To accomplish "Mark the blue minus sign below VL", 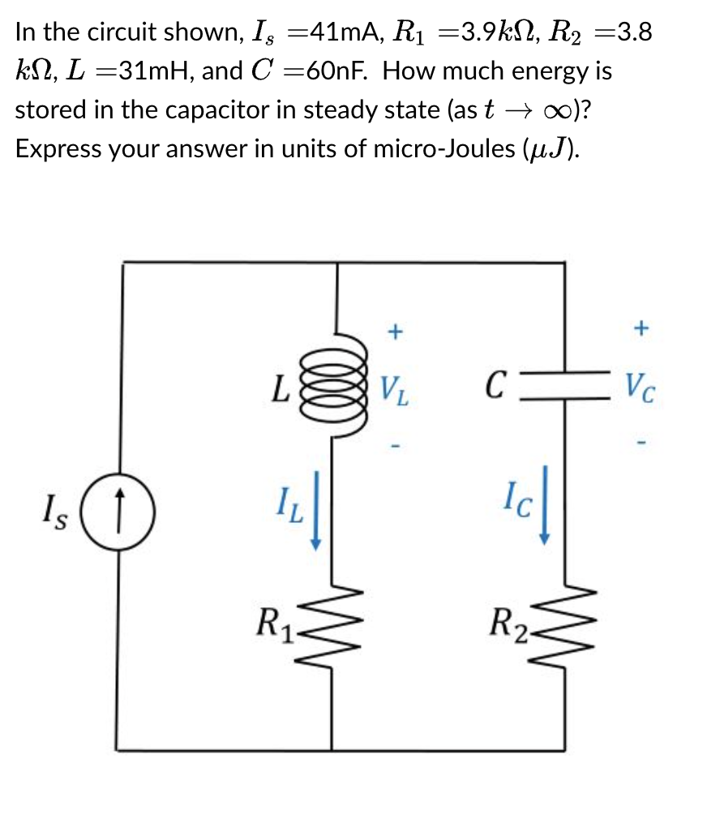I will click(x=395, y=446).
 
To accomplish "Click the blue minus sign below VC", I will click(x=641, y=443).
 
